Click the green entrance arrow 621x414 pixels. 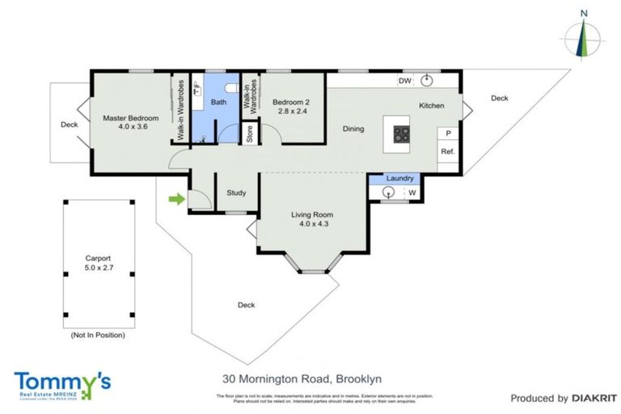click(174, 198)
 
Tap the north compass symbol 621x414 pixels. click(581, 36)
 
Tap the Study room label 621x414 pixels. click(236, 192)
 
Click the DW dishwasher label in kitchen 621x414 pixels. click(404, 81)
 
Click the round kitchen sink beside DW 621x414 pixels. click(428, 81)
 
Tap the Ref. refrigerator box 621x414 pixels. click(446, 151)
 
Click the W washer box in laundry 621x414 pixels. click(412, 192)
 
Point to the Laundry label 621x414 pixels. click(400, 178)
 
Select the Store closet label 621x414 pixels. click(250, 133)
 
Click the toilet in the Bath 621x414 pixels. click(231, 87)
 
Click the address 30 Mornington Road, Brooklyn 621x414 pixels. click(302, 378)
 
